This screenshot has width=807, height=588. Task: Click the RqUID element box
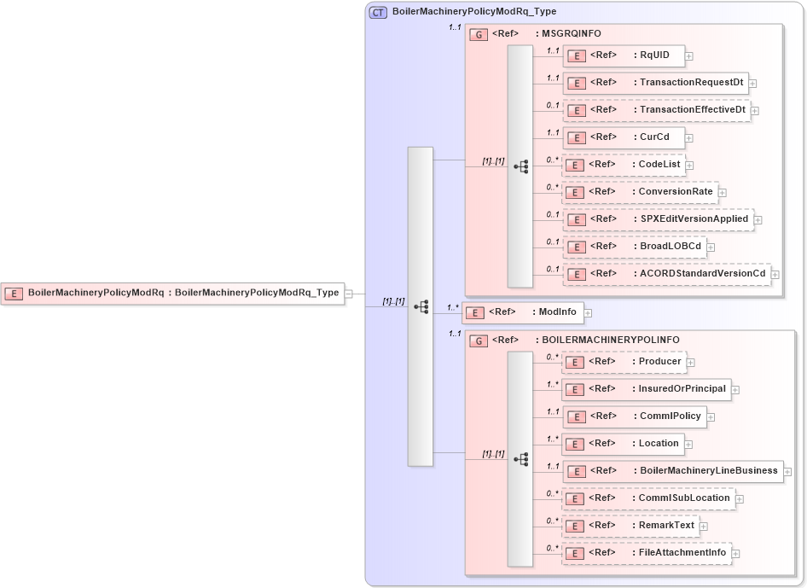click(x=624, y=55)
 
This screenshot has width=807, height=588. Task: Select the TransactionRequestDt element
click(x=655, y=83)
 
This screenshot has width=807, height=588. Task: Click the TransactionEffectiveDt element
click(x=656, y=110)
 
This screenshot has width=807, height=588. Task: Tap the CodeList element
click(x=624, y=165)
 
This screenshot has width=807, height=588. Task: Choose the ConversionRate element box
click(x=640, y=192)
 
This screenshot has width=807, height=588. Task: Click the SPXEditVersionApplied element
click(x=658, y=219)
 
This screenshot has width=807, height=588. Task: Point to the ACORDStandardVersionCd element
click(x=666, y=274)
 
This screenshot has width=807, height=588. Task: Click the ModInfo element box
click(x=522, y=312)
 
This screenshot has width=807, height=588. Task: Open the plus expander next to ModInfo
click(x=588, y=313)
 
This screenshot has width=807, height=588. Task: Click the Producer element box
click(x=624, y=362)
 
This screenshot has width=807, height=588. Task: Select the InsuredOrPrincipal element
click(x=646, y=389)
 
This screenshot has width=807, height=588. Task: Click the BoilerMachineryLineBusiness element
click(x=672, y=471)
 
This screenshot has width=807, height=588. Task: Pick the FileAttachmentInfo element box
click(x=646, y=553)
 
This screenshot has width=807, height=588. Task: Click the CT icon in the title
click(x=378, y=12)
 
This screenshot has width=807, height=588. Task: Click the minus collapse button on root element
click(x=348, y=294)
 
